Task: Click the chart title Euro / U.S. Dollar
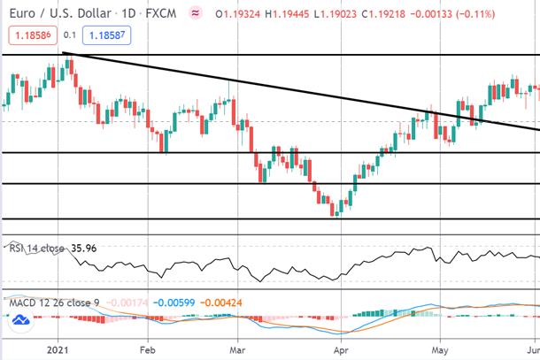pos(60,14)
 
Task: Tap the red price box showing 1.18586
pos(33,35)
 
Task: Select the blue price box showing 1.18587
pos(107,35)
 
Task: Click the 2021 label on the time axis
pos(58,350)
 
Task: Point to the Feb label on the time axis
pos(148,350)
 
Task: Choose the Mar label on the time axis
pos(237,350)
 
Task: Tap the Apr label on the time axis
pos(341,350)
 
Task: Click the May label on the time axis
pos(440,350)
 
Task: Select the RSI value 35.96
pos(84,249)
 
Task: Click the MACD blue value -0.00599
pos(174,303)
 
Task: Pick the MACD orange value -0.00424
pos(221,303)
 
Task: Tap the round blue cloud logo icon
pos(21,320)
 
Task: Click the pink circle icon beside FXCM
pos(196,13)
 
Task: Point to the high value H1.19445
pos(287,14)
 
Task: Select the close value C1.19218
pos(383,14)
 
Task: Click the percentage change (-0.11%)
pos(475,14)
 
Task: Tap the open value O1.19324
pos(237,14)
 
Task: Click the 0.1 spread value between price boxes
pos(70,35)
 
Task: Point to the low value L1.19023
pos(336,14)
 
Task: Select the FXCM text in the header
pos(161,14)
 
